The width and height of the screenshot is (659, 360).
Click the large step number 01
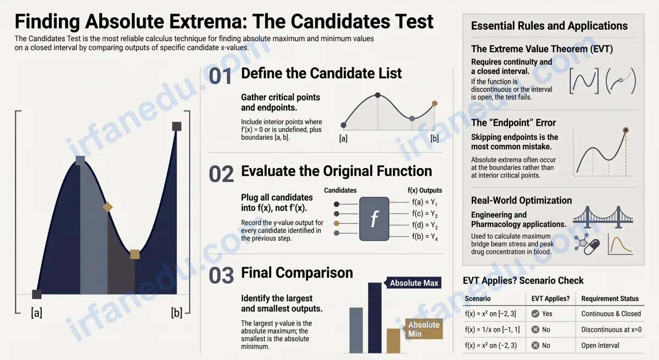(x=220, y=76)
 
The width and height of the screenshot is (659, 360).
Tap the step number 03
(x=221, y=275)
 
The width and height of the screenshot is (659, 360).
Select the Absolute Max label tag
(x=413, y=283)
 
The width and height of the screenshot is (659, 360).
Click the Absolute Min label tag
(x=423, y=329)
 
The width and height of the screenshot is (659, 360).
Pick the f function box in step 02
(x=374, y=218)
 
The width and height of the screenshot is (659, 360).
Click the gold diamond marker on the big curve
(x=108, y=207)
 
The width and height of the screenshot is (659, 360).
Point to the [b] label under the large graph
(x=176, y=312)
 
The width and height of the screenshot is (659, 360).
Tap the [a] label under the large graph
(x=36, y=312)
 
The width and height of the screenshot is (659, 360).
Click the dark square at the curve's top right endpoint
(x=176, y=126)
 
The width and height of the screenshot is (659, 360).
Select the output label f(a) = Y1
(x=424, y=203)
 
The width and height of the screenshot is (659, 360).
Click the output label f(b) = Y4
(x=425, y=237)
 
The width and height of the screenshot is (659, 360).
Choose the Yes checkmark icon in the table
(x=535, y=313)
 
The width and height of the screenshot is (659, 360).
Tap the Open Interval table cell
(x=600, y=345)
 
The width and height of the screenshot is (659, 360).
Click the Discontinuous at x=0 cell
(x=611, y=329)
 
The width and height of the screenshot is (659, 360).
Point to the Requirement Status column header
(x=610, y=299)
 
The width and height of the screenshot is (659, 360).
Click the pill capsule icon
(x=591, y=248)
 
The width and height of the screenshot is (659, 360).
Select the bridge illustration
(x=603, y=217)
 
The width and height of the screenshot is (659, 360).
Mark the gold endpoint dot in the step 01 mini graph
(x=434, y=103)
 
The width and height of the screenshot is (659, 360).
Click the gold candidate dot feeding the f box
(x=337, y=223)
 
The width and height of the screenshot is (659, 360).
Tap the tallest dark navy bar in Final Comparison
(x=375, y=318)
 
